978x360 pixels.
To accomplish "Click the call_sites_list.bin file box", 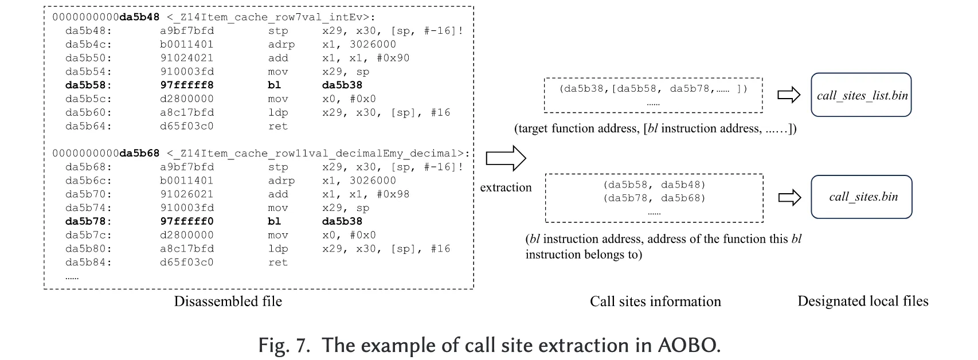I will point(861,95).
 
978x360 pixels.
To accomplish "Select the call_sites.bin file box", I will point(861,197).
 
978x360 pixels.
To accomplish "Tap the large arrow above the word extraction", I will point(506,158).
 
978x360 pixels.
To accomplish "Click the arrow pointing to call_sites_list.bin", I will point(788,95).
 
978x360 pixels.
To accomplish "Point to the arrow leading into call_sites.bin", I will point(789,198).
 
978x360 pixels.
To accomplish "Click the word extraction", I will point(506,187).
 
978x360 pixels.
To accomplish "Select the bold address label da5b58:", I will point(88,85).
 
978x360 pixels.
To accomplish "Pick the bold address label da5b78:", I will point(88,221).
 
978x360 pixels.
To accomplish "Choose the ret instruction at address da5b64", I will point(278,126).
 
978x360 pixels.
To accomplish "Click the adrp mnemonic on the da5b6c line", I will point(281,181).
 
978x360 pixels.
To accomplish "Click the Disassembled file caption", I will point(228,302).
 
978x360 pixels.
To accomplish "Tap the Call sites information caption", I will point(655,302).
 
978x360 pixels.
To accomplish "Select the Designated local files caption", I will point(863,302).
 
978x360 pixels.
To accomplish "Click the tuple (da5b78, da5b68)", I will point(654,198).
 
